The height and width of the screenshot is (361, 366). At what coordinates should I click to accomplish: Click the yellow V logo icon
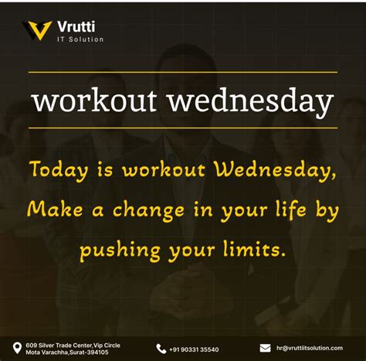37,30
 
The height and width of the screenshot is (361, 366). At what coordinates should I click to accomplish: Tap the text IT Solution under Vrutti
80,39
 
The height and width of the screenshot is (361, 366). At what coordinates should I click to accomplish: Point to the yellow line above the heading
183,73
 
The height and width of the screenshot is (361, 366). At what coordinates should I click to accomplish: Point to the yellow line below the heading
183,128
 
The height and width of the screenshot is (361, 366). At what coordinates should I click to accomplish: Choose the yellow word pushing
117,250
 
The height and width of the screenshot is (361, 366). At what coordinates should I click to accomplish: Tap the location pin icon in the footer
16,348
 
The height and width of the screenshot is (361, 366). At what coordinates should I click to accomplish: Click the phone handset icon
161,349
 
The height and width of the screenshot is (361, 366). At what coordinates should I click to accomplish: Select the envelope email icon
265,348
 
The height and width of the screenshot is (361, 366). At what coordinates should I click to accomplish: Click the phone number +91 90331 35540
195,349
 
